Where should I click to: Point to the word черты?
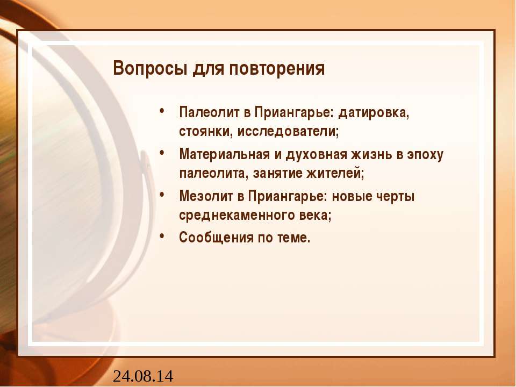[395, 196]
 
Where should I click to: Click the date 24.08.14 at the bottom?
[143, 375]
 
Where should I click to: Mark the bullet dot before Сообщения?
[162, 235]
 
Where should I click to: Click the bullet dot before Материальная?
[162, 153]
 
